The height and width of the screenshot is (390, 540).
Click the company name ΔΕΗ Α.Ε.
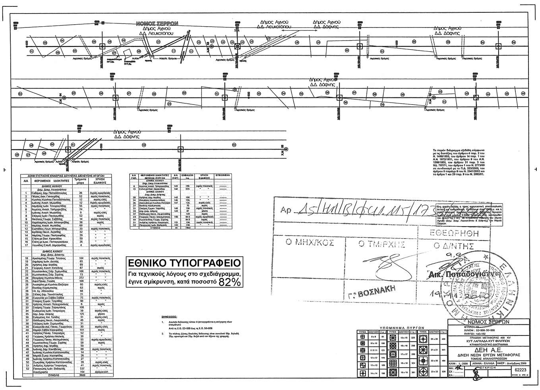coord(487,352)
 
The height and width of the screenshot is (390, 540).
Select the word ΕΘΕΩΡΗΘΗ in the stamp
coord(455,233)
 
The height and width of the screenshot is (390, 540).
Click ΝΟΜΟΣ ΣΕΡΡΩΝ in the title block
coord(487,322)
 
